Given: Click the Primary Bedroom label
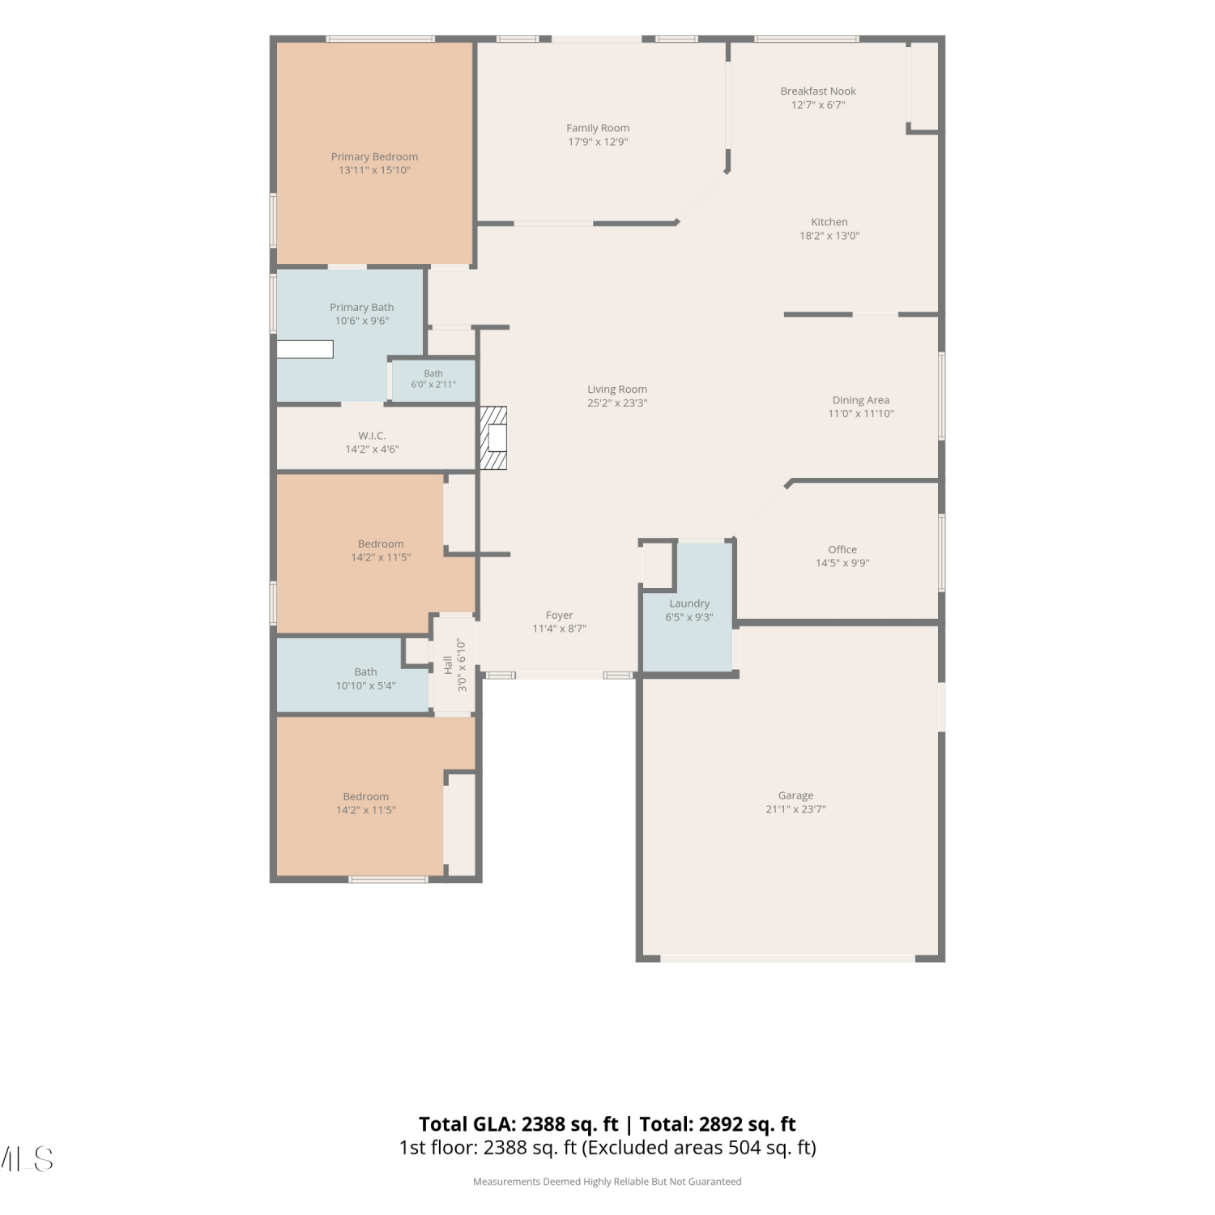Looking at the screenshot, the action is pos(374,157).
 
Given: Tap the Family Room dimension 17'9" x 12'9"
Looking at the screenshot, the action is pos(598,142).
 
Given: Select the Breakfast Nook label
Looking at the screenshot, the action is pos(818,92).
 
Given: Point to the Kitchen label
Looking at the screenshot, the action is pos(829,222).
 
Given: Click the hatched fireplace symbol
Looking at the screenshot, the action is pos(493,437).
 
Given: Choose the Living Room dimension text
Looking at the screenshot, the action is pos(617,403).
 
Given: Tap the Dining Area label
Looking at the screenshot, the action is pos(861,400).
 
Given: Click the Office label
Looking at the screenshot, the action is pos(842,549).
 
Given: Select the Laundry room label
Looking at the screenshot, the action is pos(689,603).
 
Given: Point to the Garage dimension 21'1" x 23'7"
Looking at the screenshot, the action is pos(795,809).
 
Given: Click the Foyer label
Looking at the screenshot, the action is pos(559,616).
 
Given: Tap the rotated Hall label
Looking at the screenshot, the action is pos(448,665).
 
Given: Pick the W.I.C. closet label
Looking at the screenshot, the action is pos(372,436).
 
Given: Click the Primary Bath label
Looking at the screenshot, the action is pos(362,308).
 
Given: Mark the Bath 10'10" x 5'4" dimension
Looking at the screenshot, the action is pos(366,686).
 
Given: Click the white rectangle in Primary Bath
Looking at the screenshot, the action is pos(305,349).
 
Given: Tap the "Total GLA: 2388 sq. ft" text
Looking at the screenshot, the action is pos(518,1124).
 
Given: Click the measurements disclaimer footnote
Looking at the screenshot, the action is pos(607,1182).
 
